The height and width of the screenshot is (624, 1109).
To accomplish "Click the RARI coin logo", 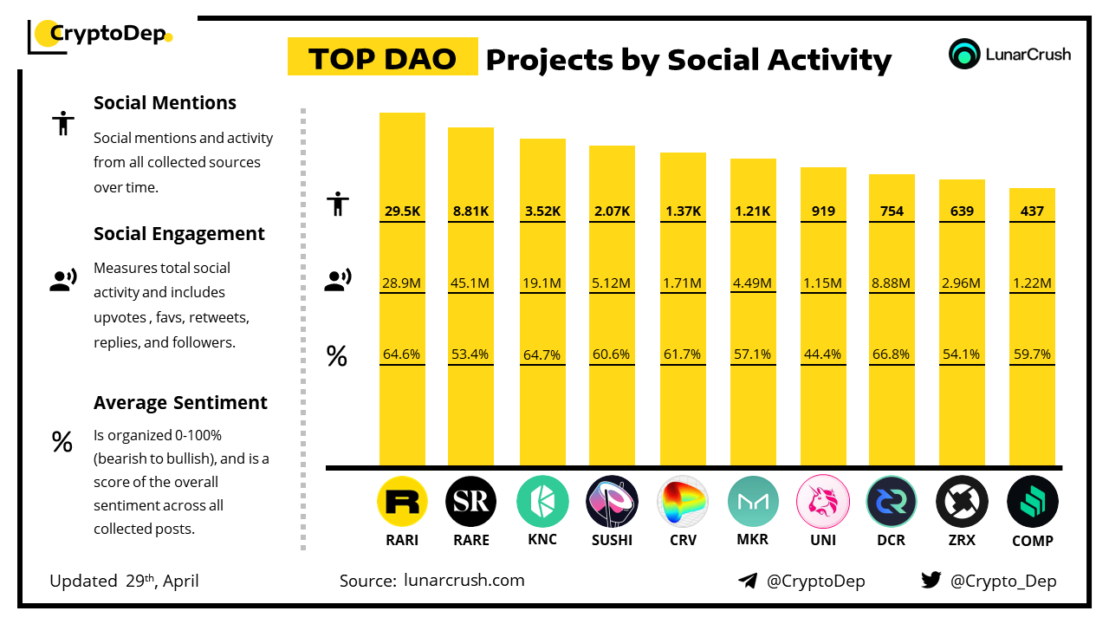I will coord(402,502).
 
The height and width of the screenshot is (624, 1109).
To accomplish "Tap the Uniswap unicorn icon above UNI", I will coord(821,502).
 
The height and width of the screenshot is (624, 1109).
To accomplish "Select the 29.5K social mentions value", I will coord(402,211).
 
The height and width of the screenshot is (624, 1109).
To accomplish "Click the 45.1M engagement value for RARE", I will coord(470,283).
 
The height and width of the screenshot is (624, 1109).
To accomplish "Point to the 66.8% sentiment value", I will coord(891,354).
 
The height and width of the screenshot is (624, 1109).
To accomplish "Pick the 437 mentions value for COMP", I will coord(1032,211).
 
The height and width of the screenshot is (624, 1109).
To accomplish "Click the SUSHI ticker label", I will coord(612,540).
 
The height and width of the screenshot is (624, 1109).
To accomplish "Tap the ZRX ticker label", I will coord(962,540).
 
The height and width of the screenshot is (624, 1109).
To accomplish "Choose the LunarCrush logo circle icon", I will coord(964,54).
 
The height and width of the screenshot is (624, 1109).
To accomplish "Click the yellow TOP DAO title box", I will coord(382,58).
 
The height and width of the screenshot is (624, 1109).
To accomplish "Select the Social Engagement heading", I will coord(179,234).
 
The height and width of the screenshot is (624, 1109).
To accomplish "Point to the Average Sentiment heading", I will coord(180,403).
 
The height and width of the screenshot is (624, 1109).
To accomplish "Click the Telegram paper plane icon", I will coord(748,581).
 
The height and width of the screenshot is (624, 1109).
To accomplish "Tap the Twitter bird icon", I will coord(931,581).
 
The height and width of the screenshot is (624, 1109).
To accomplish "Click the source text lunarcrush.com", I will coord(464,581).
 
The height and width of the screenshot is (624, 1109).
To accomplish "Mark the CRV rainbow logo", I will coord(682,502).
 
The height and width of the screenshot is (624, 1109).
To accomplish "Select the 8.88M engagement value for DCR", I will coord(891,283).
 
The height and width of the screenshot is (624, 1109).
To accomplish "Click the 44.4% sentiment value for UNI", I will coord(821,354).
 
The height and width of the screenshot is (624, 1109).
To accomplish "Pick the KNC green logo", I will coord(542,502).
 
